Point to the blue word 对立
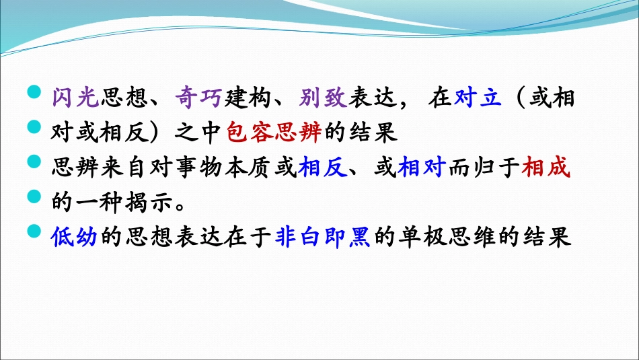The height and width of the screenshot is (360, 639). [478, 98]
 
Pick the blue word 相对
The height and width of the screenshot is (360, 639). [420, 168]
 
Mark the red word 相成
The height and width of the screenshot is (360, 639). [546, 168]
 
